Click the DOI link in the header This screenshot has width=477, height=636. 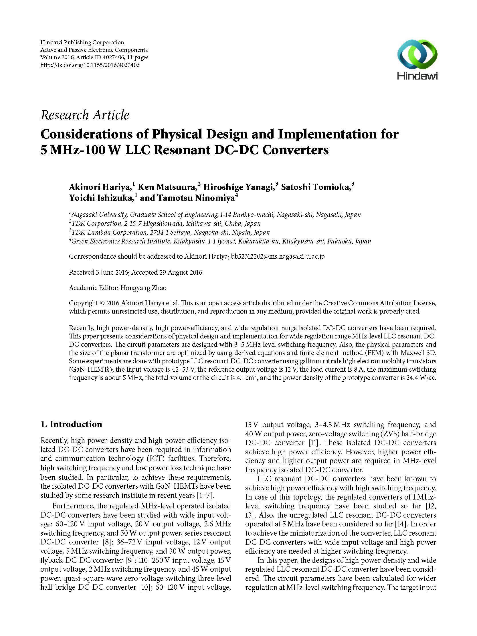coord(90,65)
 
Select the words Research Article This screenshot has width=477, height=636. coord(85,115)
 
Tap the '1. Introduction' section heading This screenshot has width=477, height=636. coord(71,424)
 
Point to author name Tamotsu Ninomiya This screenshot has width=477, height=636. coord(187,198)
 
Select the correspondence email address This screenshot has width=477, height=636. coord(278,256)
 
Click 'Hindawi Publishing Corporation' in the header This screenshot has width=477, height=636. coord(82,43)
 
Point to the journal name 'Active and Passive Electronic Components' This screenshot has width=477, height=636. coord(94,50)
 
